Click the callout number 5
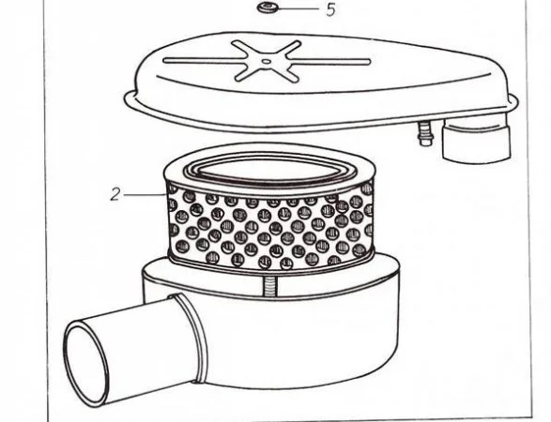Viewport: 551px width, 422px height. coord(330,9)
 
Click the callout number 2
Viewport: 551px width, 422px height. coord(115,194)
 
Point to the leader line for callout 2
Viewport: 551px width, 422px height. coord(145,194)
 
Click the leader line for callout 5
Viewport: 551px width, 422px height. coord(298,8)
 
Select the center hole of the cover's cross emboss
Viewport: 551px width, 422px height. coord(268,62)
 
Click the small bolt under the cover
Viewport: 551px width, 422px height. coord(425,132)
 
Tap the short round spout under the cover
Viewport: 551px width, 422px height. coord(476,140)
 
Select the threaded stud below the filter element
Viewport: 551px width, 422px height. coord(270,284)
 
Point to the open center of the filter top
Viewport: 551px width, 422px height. coord(268,172)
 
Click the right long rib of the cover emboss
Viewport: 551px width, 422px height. coord(329,62)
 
